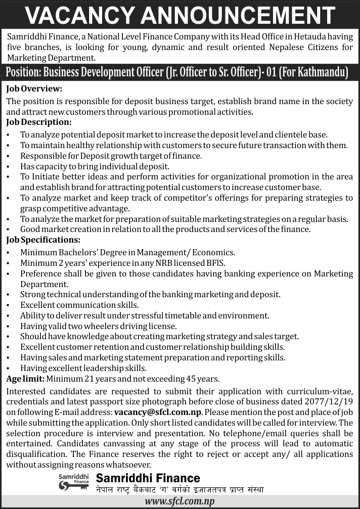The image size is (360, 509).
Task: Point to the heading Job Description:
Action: [38, 123]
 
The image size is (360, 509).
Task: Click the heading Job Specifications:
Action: [43, 240]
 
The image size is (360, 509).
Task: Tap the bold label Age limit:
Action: [26, 379]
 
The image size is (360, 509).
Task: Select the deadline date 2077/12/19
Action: [330, 401]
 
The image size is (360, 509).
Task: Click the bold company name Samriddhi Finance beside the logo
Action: [148, 478]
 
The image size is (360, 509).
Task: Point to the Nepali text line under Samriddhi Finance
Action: [179, 489]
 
